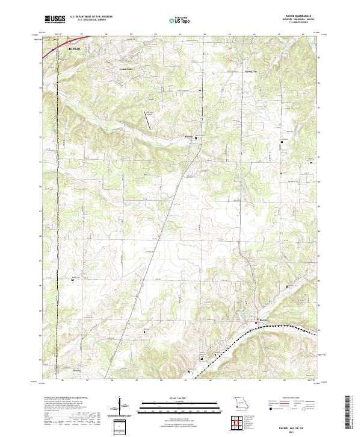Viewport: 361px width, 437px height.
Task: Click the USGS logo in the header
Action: point(55,19)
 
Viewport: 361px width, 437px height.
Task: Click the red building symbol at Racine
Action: point(256,322)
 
